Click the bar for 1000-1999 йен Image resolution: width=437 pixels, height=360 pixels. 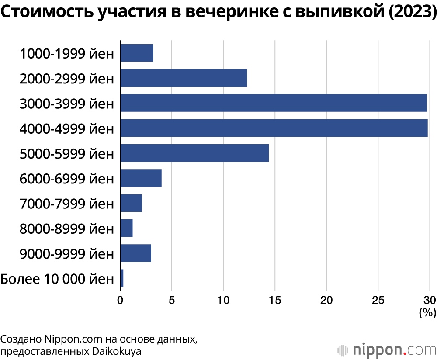tap(136, 53)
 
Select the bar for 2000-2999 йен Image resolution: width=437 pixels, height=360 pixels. tap(184, 78)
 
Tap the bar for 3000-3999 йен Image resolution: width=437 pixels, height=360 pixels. tap(273, 103)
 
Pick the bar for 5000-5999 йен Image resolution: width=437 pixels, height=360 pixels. tap(194, 153)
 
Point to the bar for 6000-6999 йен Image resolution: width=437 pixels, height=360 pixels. tap(141, 178)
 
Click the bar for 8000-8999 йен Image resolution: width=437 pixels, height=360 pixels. tap(126, 228)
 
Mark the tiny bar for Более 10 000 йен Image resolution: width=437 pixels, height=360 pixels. tap(122, 278)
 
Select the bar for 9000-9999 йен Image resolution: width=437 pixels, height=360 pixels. tap(135, 253)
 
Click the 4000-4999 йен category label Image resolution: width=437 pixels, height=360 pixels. tap(66, 128)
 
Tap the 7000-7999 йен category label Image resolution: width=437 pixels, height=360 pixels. tap(66, 204)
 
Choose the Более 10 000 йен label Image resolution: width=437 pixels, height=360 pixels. tap(57, 279)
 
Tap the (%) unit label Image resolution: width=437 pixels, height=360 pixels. tap(427, 312)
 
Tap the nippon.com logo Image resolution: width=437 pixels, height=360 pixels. tap(386, 350)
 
